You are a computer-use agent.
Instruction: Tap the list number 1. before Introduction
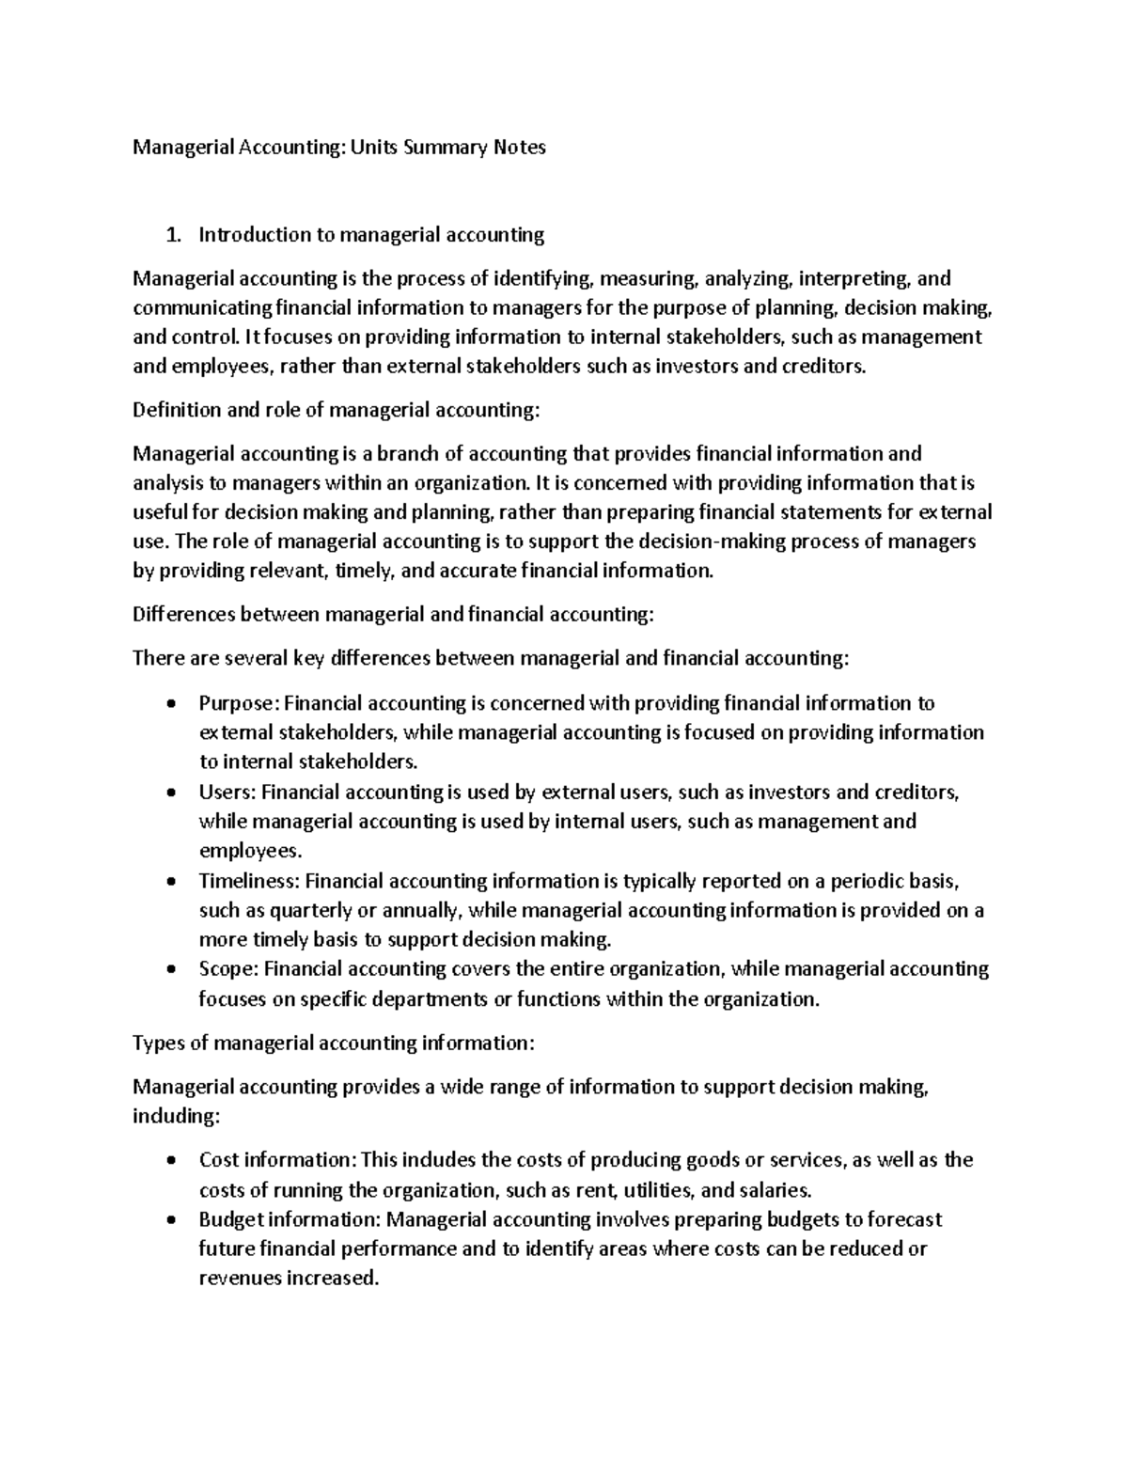(171, 235)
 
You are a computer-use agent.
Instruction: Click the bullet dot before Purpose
(170, 704)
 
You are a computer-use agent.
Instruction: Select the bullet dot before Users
(170, 793)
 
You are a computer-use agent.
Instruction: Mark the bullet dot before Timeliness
(170, 882)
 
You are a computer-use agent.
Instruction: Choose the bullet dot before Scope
(170, 969)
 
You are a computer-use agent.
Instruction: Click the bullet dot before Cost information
(170, 1161)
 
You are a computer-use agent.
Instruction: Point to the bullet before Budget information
(170, 1220)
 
